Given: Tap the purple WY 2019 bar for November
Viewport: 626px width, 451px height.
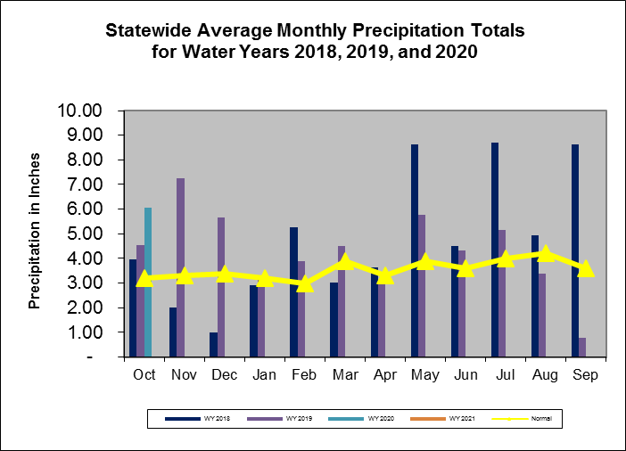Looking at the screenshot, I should (181, 267).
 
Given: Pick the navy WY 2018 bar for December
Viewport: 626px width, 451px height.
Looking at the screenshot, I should (214, 344).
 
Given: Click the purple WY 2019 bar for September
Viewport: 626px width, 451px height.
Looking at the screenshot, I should (582, 347).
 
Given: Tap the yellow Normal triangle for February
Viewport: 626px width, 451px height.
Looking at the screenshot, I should (306, 283).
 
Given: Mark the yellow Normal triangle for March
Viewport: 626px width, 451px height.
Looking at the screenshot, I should (346, 261).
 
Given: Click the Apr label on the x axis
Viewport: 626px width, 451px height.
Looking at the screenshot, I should (386, 375).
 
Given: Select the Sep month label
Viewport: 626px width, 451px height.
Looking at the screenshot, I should (586, 375).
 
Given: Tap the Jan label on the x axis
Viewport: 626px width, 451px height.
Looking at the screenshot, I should (266, 375).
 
